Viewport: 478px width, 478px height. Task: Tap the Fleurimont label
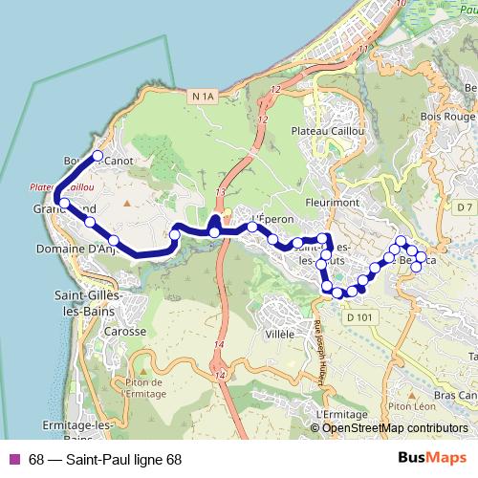pos(330,202)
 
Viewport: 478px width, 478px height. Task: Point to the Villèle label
pos(279,335)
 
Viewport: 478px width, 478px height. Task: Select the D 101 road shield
pos(359,316)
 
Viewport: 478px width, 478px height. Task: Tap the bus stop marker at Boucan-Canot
pos(97,155)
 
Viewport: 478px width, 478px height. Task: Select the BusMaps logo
pos(432,457)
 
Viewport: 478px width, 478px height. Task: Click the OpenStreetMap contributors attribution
pos(395,427)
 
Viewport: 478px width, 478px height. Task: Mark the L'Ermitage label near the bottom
pos(338,413)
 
